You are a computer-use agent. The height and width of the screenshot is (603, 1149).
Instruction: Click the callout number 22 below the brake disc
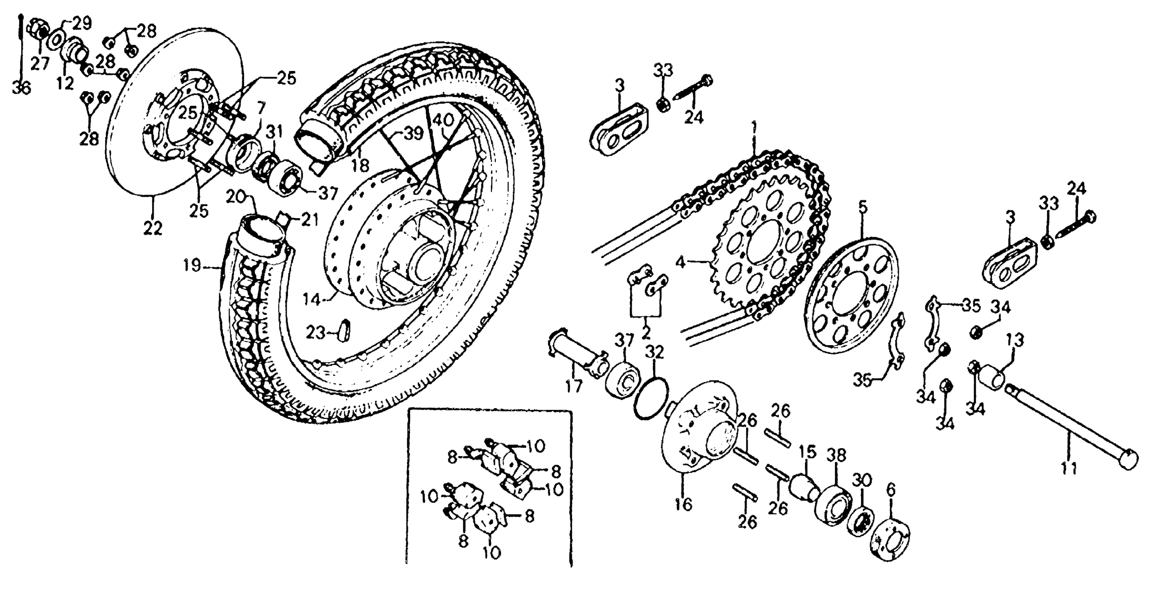click(153, 229)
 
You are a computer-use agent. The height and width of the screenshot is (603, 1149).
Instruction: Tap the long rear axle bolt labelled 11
click(1071, 428)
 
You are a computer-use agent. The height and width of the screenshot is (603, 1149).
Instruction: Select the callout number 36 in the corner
click(21, 88)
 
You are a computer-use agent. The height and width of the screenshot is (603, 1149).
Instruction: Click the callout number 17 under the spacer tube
click(574, 385)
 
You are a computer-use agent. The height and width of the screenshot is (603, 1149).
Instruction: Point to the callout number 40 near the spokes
click(443, 120)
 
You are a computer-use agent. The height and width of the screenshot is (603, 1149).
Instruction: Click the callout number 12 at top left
click(65, 83)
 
